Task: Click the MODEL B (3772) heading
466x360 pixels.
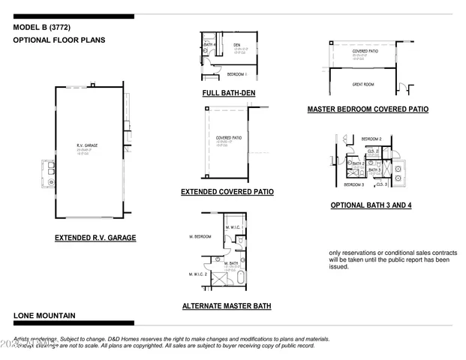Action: [x=42, y=28]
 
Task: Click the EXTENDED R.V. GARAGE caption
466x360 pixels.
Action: [x=95, y=238]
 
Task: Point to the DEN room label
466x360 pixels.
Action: [x=236, y=45]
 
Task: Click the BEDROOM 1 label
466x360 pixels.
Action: [x=236, y=74]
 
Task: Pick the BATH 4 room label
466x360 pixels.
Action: [x=209, y=44]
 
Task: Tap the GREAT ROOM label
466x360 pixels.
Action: [x=363, y=85]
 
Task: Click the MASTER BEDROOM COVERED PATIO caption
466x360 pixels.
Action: [x=368, y=109]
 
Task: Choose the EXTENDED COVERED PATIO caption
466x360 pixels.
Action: [x=227, y=192]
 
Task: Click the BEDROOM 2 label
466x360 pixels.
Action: [x=371, y=139]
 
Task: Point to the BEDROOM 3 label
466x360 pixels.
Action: [x=354, y=184]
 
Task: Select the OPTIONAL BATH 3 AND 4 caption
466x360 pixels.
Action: [x=371, y=205]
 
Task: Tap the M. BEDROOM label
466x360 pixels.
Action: [x=200, y=236]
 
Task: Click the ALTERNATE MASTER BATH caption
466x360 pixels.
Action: [x=227, y=306]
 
